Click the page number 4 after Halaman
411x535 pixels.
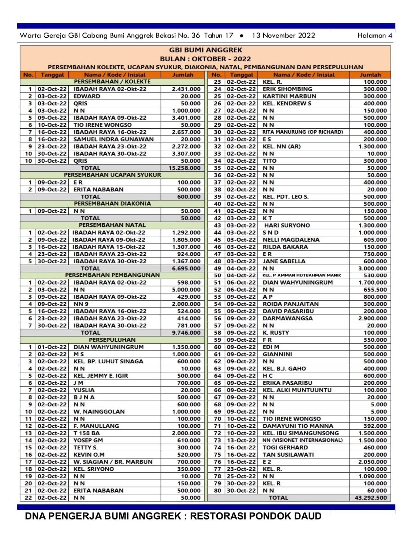pos(390,36)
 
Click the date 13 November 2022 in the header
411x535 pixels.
pos(283,36)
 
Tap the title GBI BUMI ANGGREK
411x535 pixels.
pos(205,50)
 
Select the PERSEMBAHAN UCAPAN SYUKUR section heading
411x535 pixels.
pos(112,175)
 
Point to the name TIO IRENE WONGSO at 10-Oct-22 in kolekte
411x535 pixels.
pos(102,125)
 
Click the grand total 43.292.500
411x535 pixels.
pos(371,498)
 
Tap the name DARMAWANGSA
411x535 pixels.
pos(287,318)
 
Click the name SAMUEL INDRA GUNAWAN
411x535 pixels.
pos(113,139)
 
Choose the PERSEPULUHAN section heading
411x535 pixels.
pos(112,340)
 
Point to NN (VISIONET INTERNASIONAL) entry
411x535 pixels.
pos(302,440)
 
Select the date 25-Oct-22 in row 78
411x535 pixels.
pos(241,476)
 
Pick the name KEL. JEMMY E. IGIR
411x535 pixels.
pos(101,376)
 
